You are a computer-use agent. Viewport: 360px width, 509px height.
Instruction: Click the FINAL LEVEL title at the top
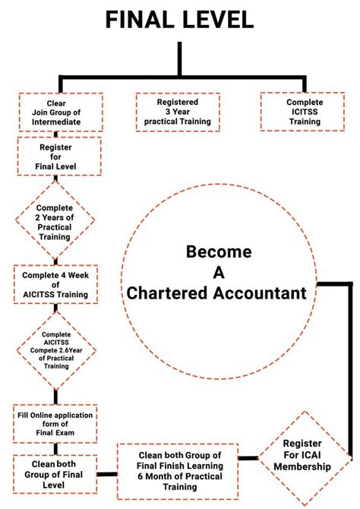coord(179,20)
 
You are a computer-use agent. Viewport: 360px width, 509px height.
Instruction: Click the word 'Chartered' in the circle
coord(167,292)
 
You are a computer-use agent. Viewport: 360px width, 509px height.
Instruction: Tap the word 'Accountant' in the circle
coord(260,292)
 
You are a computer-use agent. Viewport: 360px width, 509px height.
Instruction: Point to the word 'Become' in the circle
coord(219,252)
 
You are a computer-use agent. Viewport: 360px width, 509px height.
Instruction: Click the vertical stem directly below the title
coord(179,59)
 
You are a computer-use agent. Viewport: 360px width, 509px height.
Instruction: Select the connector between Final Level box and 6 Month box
coord(107,474)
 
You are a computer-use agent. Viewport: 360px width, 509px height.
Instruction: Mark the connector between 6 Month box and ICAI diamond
coord(248,458)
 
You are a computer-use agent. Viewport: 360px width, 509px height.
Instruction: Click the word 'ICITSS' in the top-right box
coord(305,112)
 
